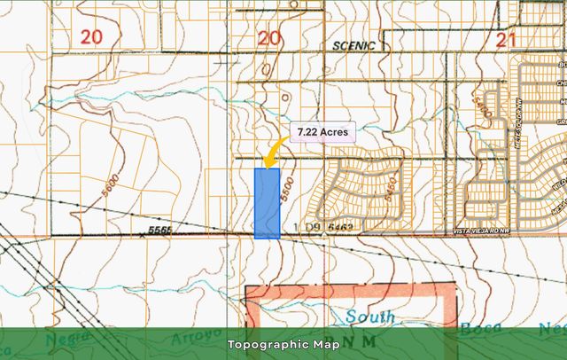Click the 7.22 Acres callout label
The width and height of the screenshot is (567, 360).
coord(322,133)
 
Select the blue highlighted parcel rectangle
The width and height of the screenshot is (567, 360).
coord(268,203)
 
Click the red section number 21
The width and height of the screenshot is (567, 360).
coord(507,38)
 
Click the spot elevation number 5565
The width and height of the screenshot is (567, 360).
coord(160,231)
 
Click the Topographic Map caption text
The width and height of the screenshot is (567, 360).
coord(283,344)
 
